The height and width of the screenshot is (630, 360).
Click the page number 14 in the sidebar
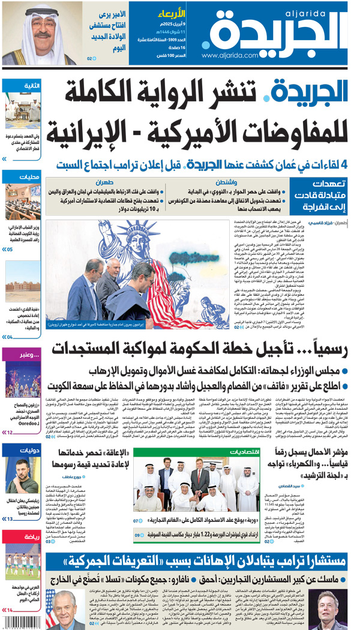(x=10, y=610)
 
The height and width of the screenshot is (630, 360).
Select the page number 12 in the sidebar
(x=10, y=432)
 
